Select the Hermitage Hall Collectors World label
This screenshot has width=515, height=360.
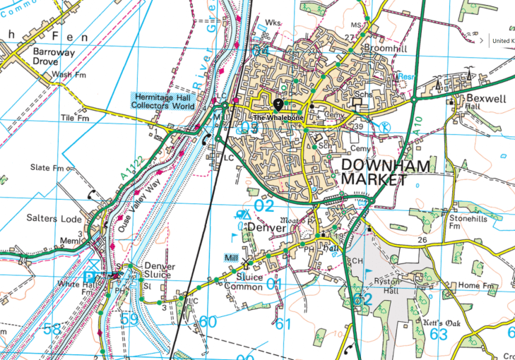pyautogui.click(x=165, y=101)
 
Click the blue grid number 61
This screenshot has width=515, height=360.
pyautogui.click(x=283, y=324)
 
